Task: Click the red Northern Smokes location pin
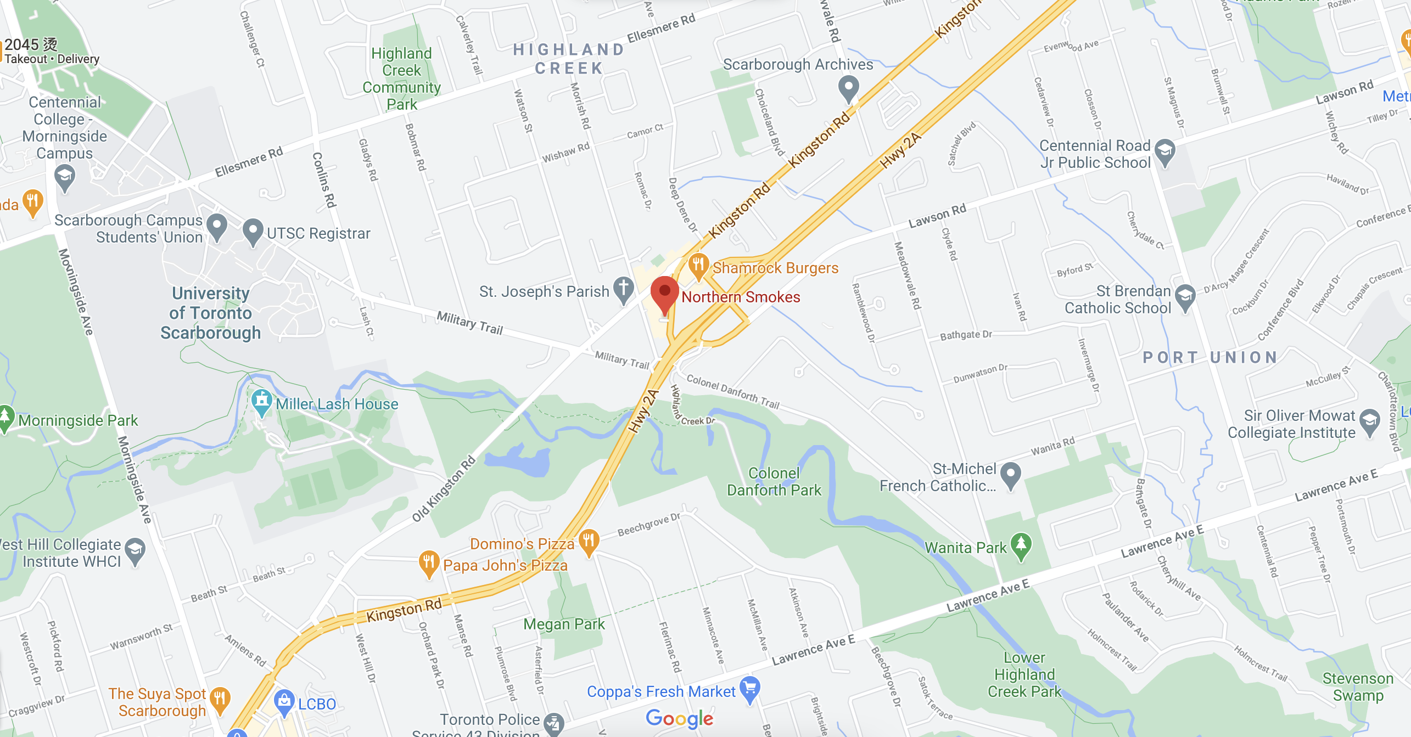click(664, 292)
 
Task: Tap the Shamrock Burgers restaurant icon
click(698, 265)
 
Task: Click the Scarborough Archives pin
click(849, 87)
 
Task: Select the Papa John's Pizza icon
click(428, 562)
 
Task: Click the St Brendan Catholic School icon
click(1185, 297)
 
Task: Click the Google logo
click(679, 718)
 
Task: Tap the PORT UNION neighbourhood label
click(1210, 358)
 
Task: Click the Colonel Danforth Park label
click(774, 481)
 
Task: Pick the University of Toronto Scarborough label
click(211, 313)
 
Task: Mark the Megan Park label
click(564, 624)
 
